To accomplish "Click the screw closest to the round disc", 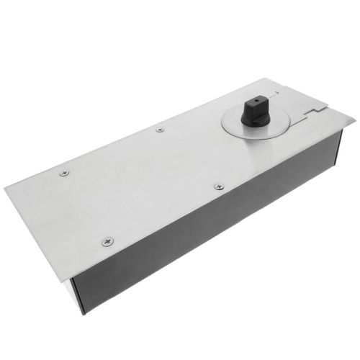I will click(x=219, y=186).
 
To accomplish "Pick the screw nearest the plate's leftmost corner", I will click(x=64, y=174).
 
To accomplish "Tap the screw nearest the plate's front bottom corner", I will click(x=107, y=241).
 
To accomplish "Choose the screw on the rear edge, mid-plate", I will click(x=160, y=130).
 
